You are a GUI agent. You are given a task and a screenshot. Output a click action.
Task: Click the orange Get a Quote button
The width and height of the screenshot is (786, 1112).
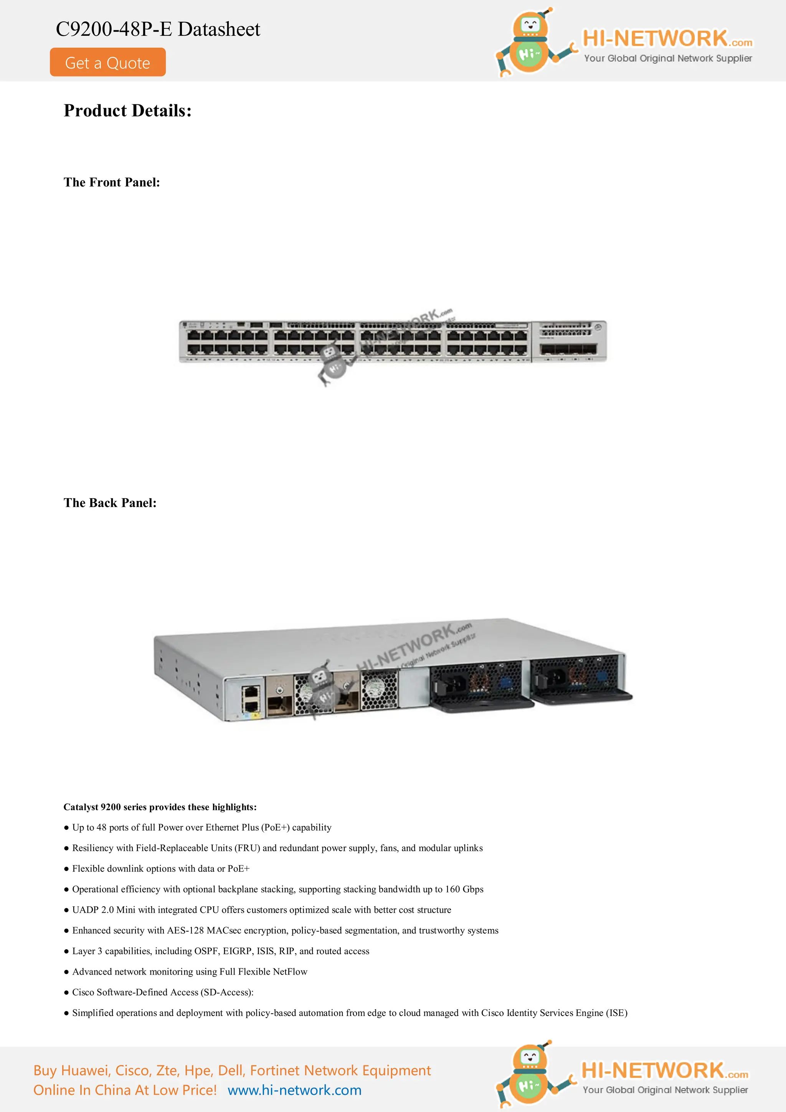pos(107,63)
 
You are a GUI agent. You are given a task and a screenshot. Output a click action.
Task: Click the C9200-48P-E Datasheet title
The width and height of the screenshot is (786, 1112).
pos(158,30)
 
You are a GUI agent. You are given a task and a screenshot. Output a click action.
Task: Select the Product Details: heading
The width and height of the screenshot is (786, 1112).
pos(127,111)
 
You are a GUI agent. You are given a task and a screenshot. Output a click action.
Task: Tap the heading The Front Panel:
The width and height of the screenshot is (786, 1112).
pos(111,182)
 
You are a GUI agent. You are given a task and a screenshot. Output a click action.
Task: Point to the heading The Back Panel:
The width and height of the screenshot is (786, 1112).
pos(110,503)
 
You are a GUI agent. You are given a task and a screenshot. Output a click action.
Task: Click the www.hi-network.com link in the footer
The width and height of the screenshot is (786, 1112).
pos(294,1090)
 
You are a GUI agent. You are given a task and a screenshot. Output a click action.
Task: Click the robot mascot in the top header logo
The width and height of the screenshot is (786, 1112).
pos(531,42)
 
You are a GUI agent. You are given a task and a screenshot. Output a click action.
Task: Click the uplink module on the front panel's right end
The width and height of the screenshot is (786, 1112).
pos(568,342)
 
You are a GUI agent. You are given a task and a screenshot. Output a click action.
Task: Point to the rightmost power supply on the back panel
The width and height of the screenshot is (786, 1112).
pos(579,678)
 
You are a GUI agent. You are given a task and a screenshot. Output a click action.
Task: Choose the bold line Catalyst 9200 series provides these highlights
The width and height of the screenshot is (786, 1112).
pos(160,807)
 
